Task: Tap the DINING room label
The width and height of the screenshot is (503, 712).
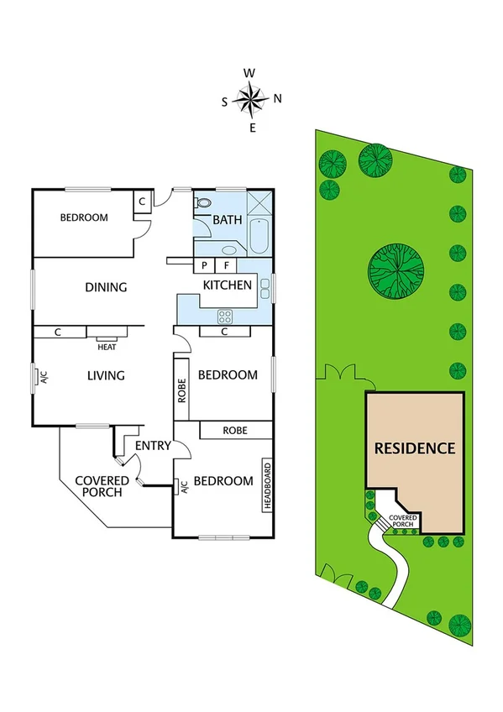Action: coord(106,287)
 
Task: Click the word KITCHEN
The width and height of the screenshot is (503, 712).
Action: coord(227,285)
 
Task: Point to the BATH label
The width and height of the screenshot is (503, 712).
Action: coord(227,220)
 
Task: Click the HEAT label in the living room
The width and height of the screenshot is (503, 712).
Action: coord(107,346)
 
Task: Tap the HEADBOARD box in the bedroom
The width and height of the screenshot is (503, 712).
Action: coord(268,487)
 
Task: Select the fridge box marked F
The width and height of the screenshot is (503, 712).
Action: coord(225,265)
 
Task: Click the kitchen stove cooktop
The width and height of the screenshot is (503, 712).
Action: coord(225,317)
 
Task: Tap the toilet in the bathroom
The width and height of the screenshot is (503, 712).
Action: coord(204,202)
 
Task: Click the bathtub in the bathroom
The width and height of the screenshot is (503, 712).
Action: coord(259,238)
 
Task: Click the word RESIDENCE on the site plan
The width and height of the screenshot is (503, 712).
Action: coord(415,448)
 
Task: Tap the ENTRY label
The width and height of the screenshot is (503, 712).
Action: coord(154,445)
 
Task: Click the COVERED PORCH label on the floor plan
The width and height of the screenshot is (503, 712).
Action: coord(102,486)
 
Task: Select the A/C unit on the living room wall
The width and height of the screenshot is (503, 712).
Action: coord(36,377)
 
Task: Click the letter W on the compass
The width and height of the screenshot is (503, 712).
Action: coord(249,73)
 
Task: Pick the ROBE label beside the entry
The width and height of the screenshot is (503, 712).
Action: coord(235,430)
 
